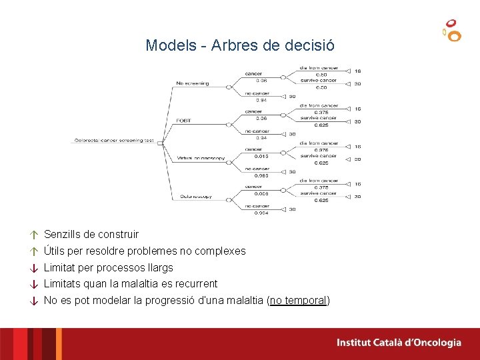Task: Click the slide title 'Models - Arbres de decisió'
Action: (240, 46)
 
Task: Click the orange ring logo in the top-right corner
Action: (452, 31)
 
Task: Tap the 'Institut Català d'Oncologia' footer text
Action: (399, 343)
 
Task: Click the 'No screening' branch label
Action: (192, 83)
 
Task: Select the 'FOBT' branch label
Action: (183, 121)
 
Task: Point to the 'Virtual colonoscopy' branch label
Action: (201, 159)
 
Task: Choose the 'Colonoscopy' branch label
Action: (196, 197)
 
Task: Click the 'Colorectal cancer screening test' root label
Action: (114, 141)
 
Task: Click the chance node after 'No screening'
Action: (229, 87)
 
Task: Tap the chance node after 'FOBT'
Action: (229, 124)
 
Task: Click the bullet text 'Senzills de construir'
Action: (91, 235)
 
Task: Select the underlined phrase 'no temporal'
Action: (298, 301)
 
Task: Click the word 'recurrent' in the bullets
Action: (196, 284)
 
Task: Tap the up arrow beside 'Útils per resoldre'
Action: (32, 252)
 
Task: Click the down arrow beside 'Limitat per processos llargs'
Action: (32, 268)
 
